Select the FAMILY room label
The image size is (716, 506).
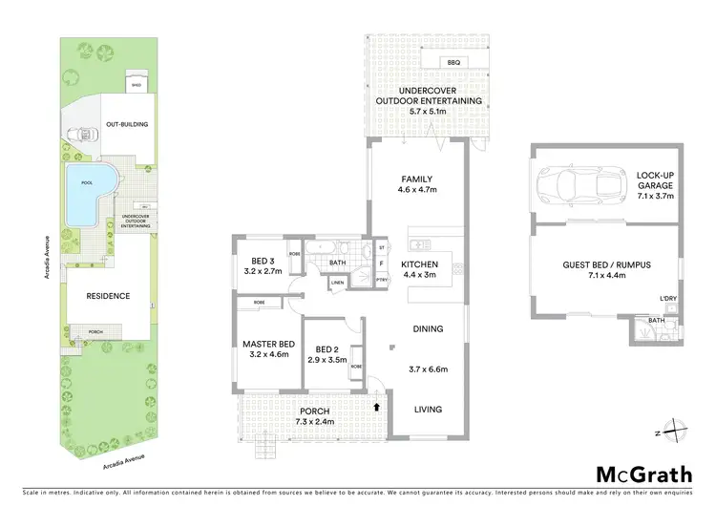416,179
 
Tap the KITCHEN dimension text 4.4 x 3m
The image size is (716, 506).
418,275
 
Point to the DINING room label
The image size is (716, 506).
428,329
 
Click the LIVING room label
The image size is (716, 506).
428,409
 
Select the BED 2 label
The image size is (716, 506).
328,348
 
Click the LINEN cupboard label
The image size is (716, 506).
338,283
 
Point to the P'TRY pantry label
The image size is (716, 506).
382,280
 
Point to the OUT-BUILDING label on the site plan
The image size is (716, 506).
127,124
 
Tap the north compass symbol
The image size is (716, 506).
675,431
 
